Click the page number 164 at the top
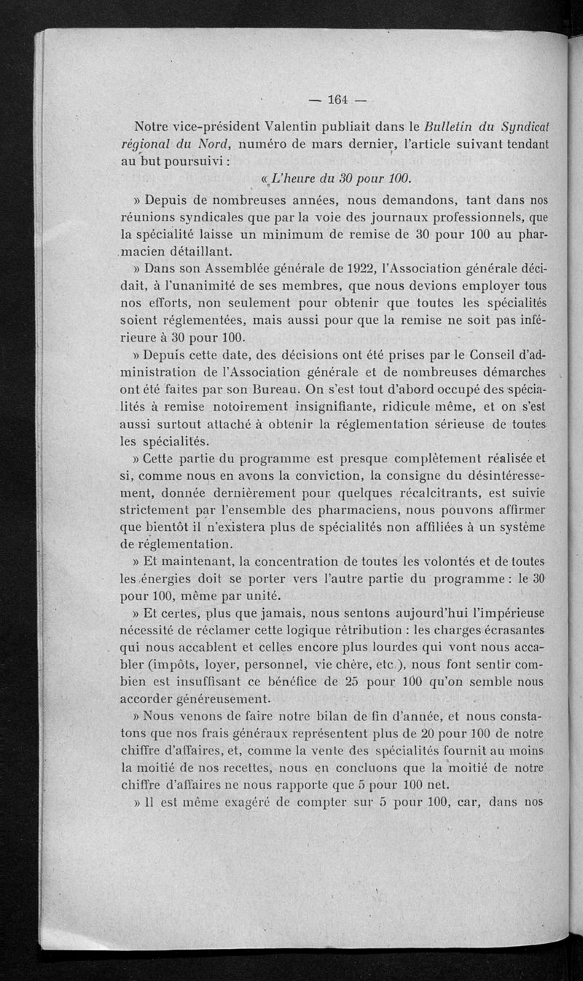[340, 101]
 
